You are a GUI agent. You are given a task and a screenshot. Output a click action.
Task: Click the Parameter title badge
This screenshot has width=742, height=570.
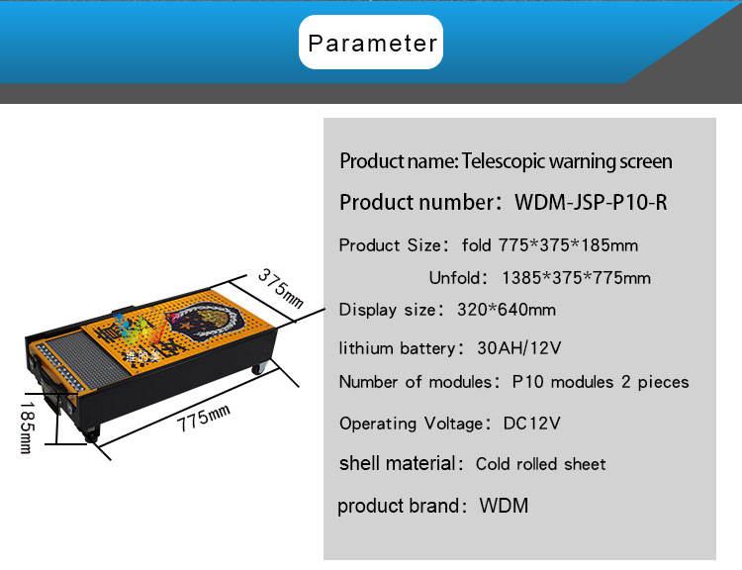point(371,43)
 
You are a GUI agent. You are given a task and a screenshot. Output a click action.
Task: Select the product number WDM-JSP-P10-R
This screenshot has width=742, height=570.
point(591,203)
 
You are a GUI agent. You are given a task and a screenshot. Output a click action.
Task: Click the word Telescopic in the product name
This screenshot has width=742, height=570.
point(505,161)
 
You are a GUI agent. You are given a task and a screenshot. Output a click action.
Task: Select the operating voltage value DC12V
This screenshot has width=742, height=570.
point(532,424)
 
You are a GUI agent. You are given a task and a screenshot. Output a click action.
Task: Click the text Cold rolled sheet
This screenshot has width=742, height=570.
point(540,464)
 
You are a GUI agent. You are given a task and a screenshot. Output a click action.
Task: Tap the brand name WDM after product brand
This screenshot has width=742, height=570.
point(504,506)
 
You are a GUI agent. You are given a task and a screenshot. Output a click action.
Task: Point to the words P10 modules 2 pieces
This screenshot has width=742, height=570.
point(600,382)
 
